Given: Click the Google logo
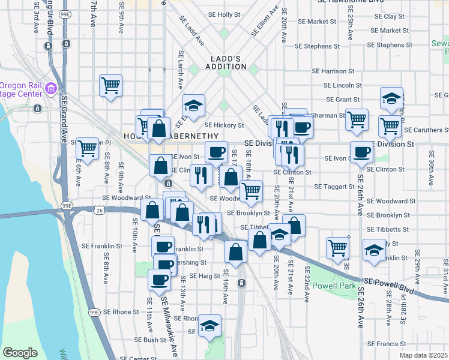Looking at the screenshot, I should [20, 353].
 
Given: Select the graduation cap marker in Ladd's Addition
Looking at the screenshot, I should [194, 106].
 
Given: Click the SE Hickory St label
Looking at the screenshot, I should [224, 125].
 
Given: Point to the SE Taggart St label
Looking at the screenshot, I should [335, 187].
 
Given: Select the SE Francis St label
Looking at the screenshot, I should [388, 344].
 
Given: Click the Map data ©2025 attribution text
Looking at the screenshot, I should [423, 355].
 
